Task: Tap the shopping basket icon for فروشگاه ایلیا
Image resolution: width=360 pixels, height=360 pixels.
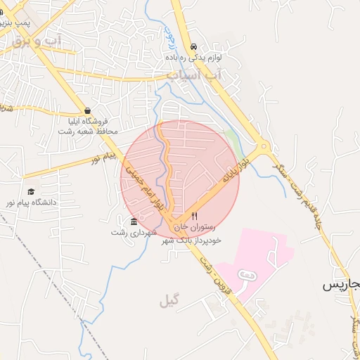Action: (87, 110)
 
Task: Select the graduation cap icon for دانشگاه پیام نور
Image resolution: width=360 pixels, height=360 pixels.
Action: (31, 192)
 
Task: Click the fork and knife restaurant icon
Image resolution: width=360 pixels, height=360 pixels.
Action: (194, 217)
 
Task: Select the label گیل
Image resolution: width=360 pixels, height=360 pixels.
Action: (169, 301)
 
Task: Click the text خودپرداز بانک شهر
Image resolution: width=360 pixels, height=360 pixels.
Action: (191, 240)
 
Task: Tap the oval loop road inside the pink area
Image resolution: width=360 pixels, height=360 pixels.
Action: (247, 275)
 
